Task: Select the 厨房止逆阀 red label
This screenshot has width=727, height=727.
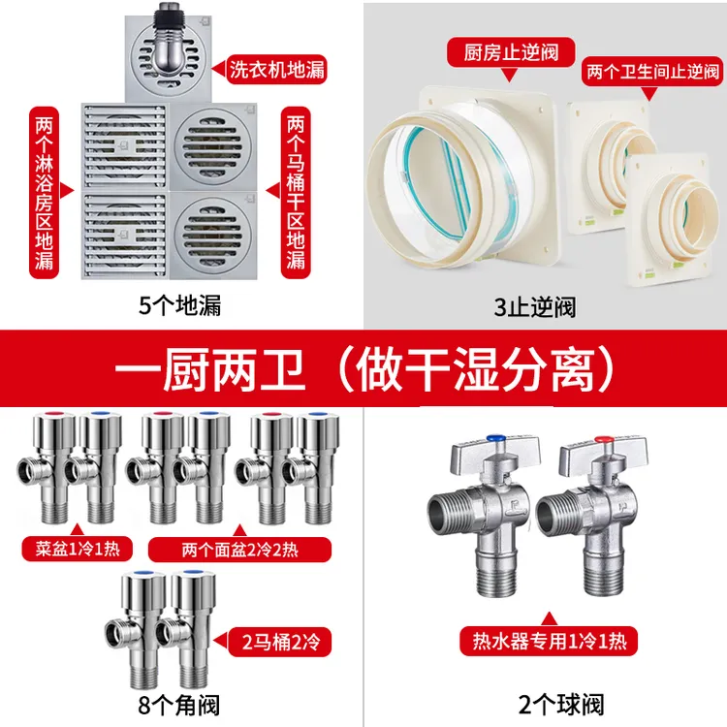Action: [507, 51]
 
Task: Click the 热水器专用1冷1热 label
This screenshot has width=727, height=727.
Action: [549, 640]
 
